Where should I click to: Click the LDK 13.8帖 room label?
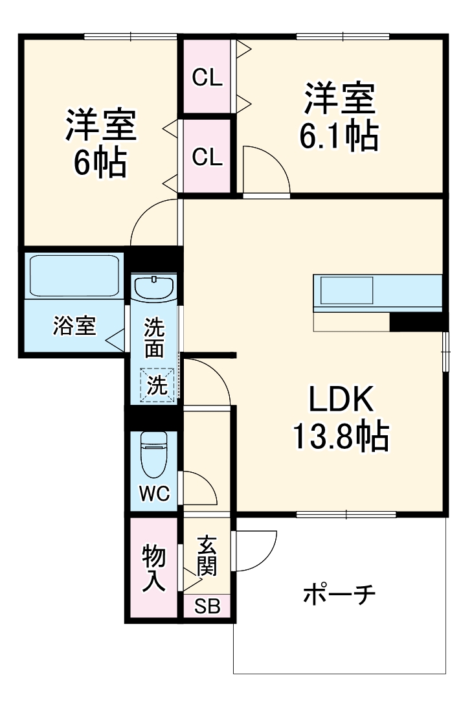pos(341,417)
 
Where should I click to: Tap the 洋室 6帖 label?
pos(101,142)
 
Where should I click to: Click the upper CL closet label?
pos(207,78)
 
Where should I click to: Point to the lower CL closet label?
pos(207,157)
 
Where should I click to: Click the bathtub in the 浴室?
pos(74,276)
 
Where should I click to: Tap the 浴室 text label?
pos(74,326)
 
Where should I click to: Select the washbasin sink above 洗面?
pos(154,288)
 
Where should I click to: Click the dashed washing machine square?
pos(157,385)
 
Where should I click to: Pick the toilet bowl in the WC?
pos(154,455)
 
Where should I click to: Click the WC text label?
pos(154,494)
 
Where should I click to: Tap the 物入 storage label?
pos(154,568)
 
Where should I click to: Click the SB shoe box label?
pos(207,606)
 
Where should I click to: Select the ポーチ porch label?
pos(339,594)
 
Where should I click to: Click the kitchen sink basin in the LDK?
pos(346,290)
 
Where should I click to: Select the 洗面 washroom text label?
pos(154,337)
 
